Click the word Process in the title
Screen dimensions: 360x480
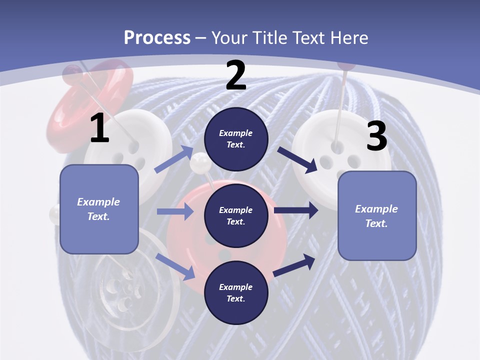[x=157, y=37]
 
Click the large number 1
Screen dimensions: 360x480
[x=99, y=128]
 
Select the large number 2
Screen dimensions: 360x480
[x=236, y=75]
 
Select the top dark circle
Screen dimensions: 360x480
[x=236, y=139]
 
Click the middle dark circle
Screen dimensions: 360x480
[x=236, y=215]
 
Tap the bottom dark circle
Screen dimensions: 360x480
[x=236, y=292]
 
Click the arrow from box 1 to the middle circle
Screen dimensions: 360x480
[x=175, y=211]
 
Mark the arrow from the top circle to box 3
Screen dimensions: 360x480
[x=298, y=159]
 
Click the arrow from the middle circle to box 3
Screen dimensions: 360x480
[x=296, y=210]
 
